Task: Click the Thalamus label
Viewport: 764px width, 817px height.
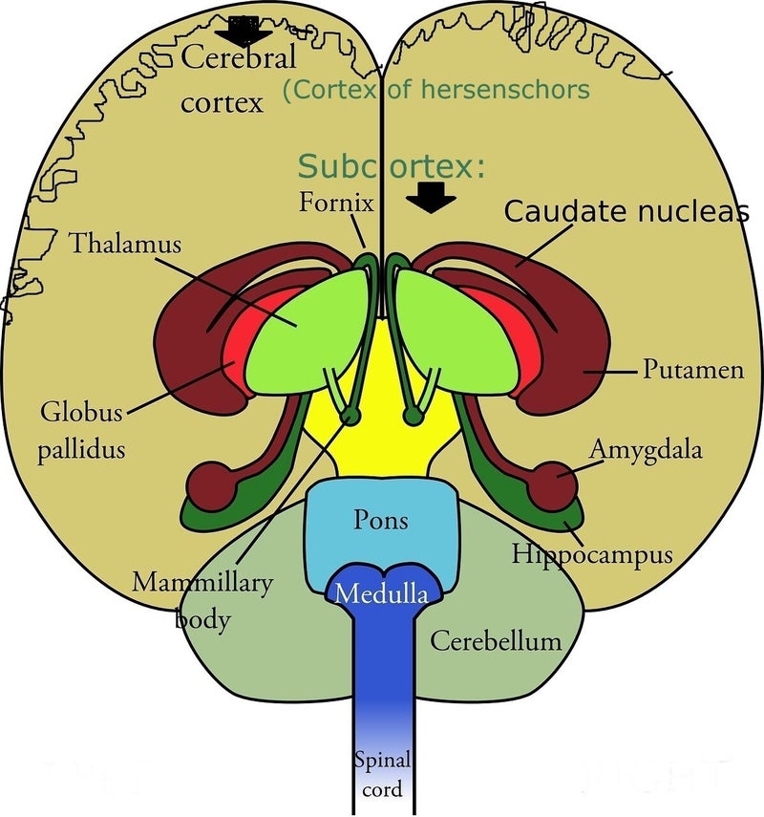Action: [124, 244]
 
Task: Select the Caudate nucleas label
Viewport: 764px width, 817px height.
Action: [626, 211]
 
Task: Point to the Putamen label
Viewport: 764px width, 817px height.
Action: [692, 369]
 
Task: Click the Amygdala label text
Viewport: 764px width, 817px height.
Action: [646, 448]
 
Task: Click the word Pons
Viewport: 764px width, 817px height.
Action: [381, 521]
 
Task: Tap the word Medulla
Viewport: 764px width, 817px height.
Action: [381, 594]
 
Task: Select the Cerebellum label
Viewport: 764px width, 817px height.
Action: [496, 639]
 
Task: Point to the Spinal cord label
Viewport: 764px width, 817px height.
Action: [381, 775]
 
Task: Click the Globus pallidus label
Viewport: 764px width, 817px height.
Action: [81, 431]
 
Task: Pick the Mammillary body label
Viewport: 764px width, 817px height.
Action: [202, 599]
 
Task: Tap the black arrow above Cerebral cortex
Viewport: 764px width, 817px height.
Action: [244, 31]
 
